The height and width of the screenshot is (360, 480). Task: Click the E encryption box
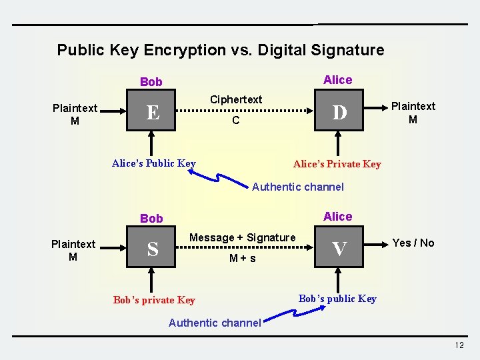point(153,113)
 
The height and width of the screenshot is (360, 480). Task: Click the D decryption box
point(339,113)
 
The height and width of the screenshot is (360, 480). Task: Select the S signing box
point(153,249)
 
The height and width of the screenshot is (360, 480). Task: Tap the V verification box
point(339,249)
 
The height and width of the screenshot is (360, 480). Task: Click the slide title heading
point(221,50)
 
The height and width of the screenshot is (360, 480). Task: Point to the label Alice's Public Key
point(154,163)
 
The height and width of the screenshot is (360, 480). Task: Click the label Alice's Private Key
point(337,164)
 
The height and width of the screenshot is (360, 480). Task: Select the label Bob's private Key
point(154,300)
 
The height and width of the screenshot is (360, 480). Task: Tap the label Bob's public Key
point(337,299)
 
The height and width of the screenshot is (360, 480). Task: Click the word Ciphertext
point(236,99)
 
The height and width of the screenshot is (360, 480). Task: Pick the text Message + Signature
point(243,237)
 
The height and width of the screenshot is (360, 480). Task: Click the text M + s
point(243,258)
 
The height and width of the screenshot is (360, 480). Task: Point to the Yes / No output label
point(413,243)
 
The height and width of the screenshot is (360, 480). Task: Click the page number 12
point(459,345)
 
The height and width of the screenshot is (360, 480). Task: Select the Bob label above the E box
point(151,82)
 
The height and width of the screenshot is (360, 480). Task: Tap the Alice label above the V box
point(337,216)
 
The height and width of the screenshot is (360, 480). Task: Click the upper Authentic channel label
point(298,187)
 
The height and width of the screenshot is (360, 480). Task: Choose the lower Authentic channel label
point(215,323)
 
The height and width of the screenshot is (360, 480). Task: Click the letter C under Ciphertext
point(235,121)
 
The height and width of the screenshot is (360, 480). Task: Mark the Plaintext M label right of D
point(413,113)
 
